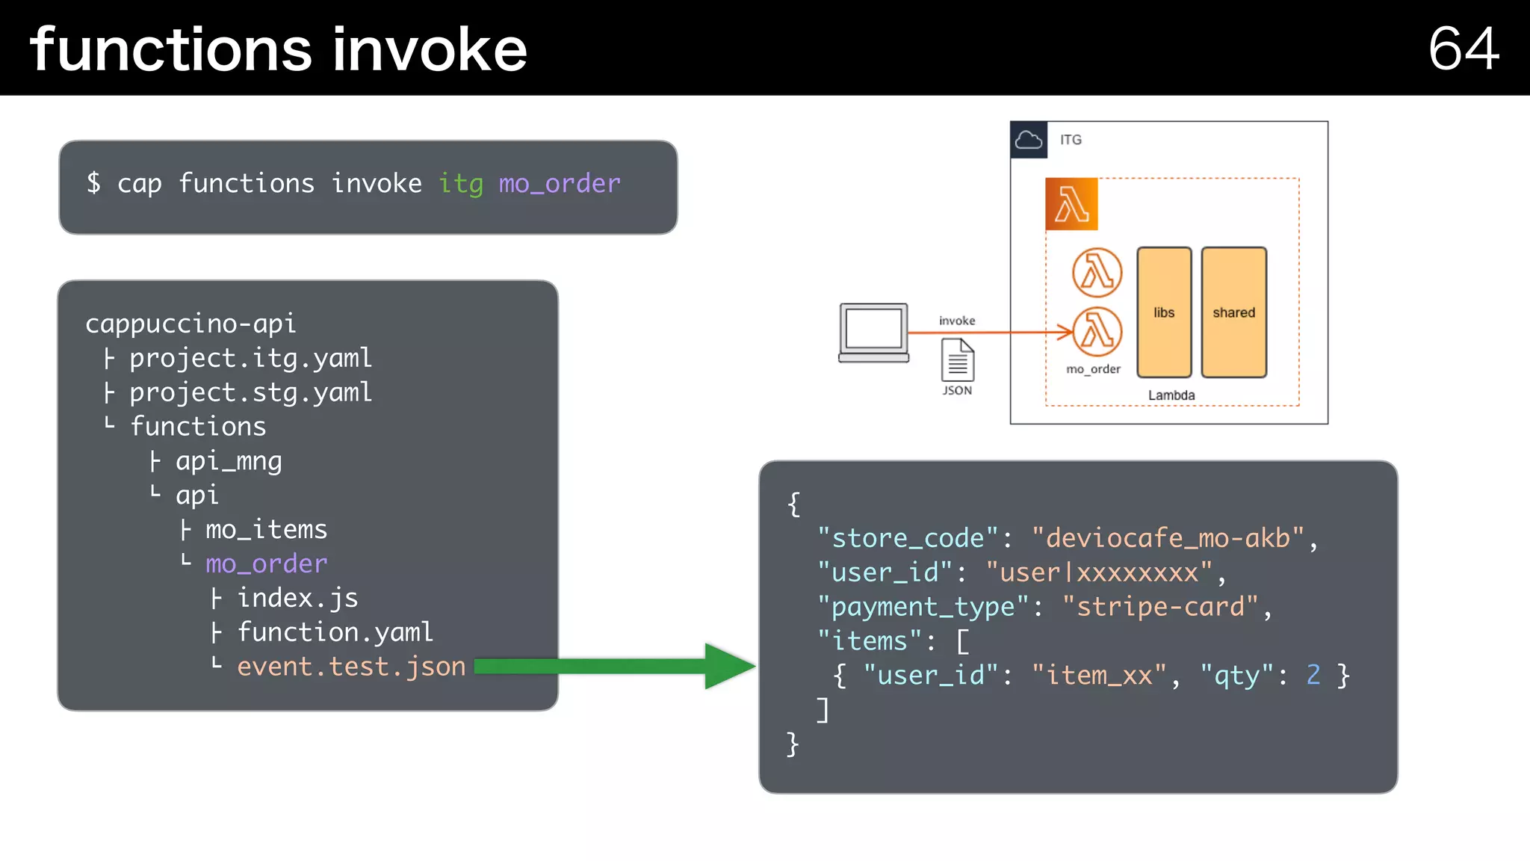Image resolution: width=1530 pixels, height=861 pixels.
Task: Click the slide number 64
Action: [x=1463, y=49]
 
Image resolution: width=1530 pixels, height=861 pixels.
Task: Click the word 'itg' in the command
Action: [x=460, y=183]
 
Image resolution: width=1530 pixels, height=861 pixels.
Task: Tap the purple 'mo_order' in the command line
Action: [x=560, y=183]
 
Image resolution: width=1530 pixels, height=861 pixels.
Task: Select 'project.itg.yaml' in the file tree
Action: [x=250, y=358]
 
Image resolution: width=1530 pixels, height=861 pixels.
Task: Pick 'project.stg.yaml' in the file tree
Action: [x=250, y=392]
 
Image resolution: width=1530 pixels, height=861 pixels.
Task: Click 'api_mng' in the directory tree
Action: [x=229, y=461]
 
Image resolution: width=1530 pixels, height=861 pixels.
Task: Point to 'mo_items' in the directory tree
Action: [x=266, y=530]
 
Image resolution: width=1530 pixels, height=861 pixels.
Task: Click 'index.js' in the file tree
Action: [x=297, y=598]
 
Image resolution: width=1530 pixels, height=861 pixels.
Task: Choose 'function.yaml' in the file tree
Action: [x=335, y=632]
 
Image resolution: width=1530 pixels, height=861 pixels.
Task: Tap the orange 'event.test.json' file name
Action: [x=351, y=667]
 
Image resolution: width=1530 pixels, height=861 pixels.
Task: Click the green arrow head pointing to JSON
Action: [x=728, y=666]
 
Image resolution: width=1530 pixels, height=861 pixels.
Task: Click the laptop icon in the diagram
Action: [x=873, y=333]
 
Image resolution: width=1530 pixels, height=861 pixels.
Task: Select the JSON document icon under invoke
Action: [x=957, y=360]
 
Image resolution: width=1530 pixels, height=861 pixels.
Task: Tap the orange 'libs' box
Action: [x=1164, y=312]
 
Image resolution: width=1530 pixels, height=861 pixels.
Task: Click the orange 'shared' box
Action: [x=1233, y=312]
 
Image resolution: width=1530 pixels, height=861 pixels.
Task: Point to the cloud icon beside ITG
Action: [x=1029, y=140]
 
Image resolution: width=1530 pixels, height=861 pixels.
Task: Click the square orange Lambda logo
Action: [x=1071, y=204]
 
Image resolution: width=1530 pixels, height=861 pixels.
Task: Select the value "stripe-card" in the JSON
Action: [x=1160, y=607]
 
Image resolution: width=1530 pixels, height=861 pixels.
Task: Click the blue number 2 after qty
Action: [x=1313, y=676]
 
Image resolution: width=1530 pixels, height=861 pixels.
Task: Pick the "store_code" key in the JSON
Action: [x=907, y=538]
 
